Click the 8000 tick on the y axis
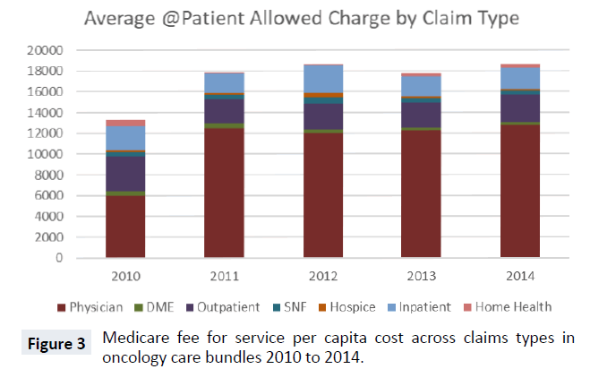pyautogui.click(x=51, y=175)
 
